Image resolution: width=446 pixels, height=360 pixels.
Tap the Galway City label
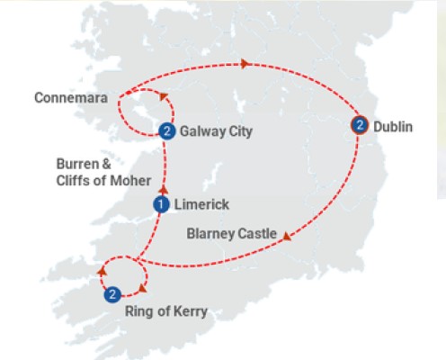click(216, 131)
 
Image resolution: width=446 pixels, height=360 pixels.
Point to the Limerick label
click(200, 205)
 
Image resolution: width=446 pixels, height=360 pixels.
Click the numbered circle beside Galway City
click(166, 131)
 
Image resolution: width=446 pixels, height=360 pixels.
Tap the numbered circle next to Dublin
click(360, 125)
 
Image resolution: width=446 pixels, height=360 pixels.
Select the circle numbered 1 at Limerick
click(161, 205)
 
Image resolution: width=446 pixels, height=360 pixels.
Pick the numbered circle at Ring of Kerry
click(112, 293)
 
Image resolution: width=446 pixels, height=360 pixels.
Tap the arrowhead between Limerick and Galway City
click(164, 191)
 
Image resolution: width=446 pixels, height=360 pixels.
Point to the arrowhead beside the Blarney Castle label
click(287, 238)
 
